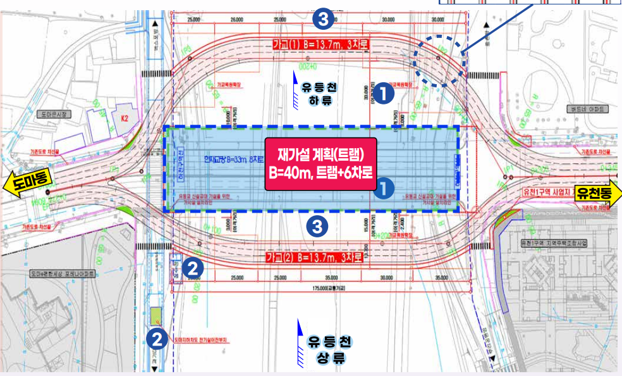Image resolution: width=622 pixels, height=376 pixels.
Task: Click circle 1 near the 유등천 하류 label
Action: [385, 94]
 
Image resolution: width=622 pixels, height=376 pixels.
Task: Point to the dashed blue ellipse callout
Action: [440, 61]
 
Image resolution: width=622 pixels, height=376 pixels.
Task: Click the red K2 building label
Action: [124, 118]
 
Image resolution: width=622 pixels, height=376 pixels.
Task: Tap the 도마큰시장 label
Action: [56, 115]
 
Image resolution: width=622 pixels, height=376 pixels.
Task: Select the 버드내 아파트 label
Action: [590, 110]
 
